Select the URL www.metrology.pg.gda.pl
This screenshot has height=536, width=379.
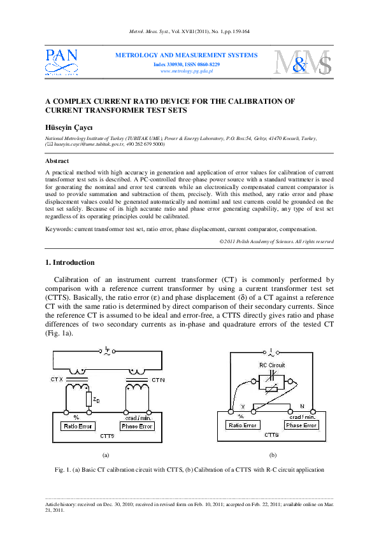[x=187, y=71]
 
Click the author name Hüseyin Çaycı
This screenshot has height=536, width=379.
[x=68, y=127]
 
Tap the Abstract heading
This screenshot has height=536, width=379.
[x=58, y=162]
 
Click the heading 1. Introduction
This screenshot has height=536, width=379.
[x=70, y=262]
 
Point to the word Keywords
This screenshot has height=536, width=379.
[x=59, y=229]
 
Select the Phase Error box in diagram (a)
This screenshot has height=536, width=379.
[x=137, y=426]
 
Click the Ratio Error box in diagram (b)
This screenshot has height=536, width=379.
[x=242, y=425]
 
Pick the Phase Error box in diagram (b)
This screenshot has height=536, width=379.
[x=301, y=425]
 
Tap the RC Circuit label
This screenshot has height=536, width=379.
[x=272, y=365]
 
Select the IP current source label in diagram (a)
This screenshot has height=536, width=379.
[x=106, y=349]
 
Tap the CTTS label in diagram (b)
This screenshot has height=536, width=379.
[x=271, y=435]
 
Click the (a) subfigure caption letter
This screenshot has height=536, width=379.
[x=106, y=455]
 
